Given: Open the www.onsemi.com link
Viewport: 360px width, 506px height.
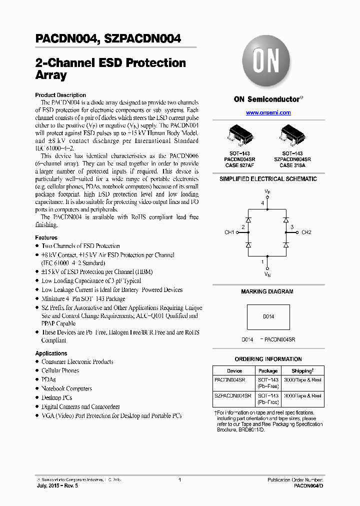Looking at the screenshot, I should [x=268, y=113].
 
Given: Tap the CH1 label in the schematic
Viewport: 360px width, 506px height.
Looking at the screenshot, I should [x=229, y=232].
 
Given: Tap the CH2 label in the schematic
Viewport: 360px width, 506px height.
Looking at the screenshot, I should [x=306, y=232].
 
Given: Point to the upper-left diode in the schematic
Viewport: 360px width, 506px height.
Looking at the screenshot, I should [x=248, y=219].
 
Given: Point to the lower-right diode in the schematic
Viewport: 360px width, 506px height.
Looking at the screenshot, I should [x=286, y=245].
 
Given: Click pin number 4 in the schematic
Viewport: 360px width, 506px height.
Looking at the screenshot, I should [x=262, y=203].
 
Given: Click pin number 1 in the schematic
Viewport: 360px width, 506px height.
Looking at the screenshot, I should [x=262, y=261].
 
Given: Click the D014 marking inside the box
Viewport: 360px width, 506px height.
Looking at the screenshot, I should [x=268, y=316].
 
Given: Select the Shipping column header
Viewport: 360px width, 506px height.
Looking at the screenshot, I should [x=302, y=371].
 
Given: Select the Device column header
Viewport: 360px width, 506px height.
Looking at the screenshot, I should [x=234, y=371].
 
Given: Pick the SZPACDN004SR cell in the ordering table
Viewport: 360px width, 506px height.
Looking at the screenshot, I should [x=233, y=395].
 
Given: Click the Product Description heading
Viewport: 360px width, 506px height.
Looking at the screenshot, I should [x=60, y=95].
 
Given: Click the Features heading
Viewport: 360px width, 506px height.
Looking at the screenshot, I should [x=46, y=237].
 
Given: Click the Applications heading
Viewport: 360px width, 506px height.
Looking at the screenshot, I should [x=51, y=353].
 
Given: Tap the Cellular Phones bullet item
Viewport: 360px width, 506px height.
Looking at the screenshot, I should [x=60, y=370].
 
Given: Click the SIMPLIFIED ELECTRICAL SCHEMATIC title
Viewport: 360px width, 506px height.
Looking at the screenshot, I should [x=268, y=179].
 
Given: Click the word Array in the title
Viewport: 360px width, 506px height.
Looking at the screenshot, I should [x=51, y=75].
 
